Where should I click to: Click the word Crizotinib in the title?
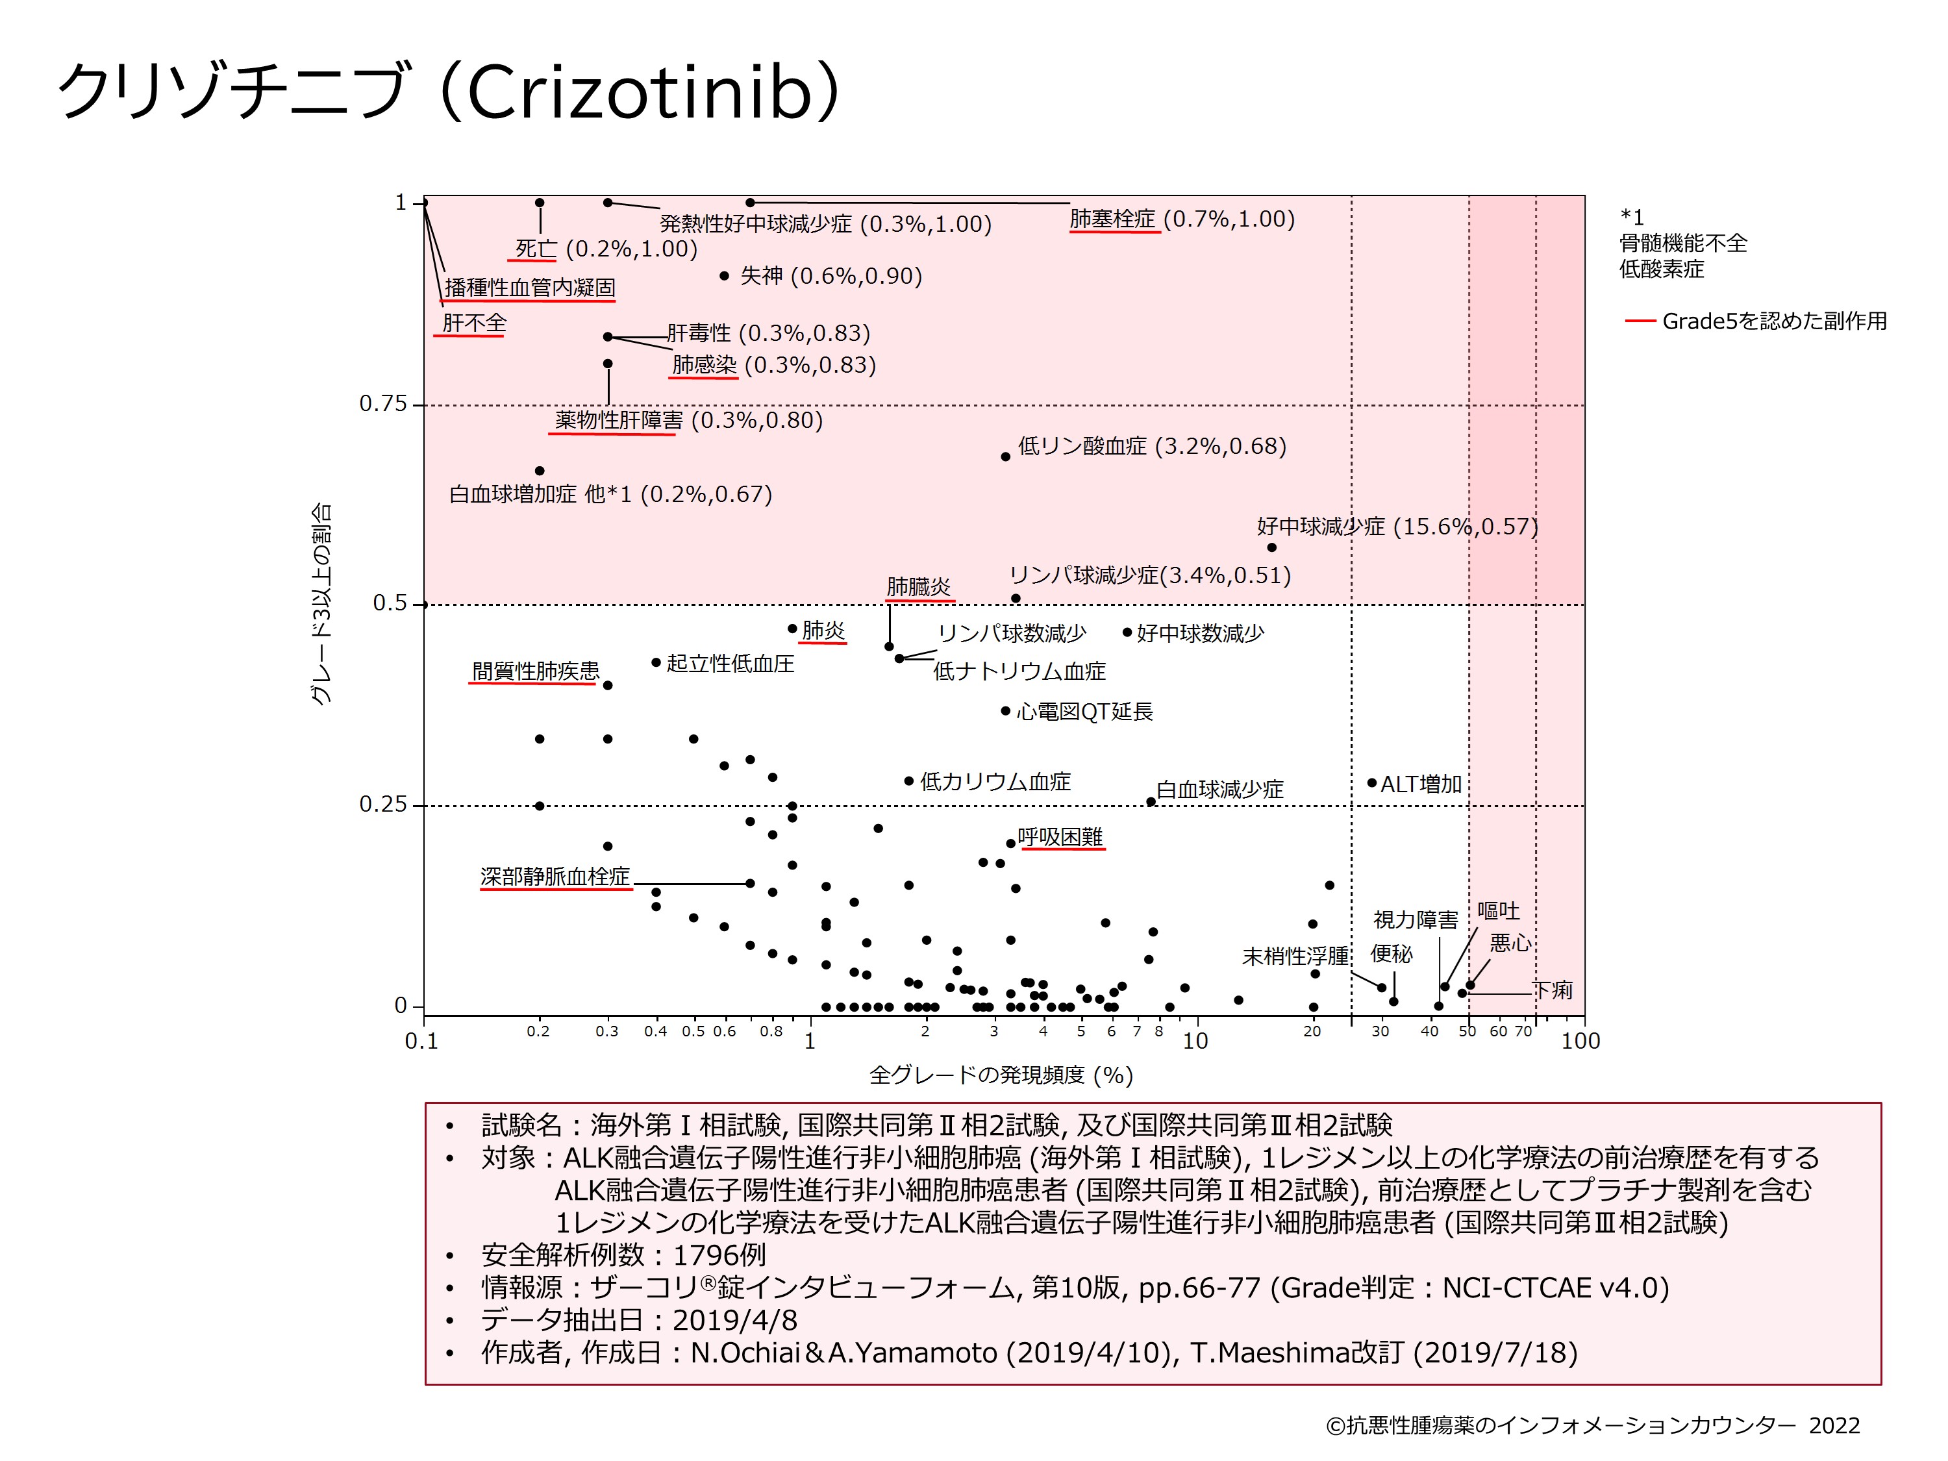[x=638, y=92]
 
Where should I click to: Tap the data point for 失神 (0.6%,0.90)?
[x=724, y=276]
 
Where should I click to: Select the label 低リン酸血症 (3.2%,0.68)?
[x=1152, y=447]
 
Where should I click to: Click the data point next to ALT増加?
[x=1371, y=783]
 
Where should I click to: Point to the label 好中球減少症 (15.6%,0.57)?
[x=1397, y=527]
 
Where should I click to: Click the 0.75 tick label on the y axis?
[x=383, y=405]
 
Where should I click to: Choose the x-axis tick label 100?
[x=1580, y=1041]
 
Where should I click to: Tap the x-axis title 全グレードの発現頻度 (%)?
[x=1001, y=1075]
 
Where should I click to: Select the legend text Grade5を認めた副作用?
[x=1773, y=321]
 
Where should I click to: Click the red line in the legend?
[x=1640, y=321]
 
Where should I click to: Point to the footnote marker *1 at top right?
[x=1632, y=217]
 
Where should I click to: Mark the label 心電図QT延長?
[x=1084, y=712]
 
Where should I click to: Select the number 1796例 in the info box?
[x=719, y=1255]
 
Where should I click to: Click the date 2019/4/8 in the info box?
[x=734, y=1320]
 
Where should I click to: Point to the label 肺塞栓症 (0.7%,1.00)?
[x=1182, y=219]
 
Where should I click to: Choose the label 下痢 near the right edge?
[x=1553, y=990]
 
